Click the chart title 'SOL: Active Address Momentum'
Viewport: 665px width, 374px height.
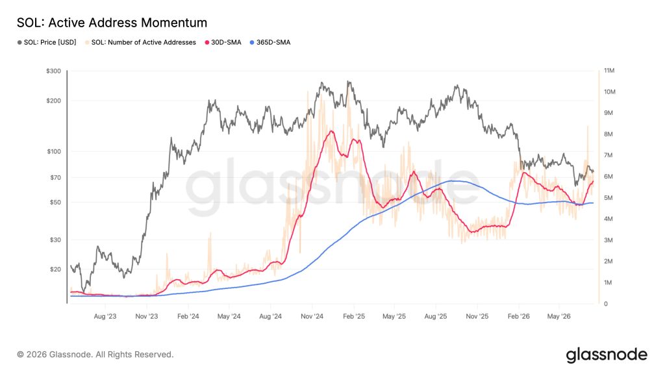[x=112, y=23]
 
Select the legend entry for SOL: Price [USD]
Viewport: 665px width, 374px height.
[x=47, y=42]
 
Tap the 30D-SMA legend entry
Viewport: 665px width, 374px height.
[x=223, y=42]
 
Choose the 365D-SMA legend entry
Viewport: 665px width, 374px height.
[x=270, y=42]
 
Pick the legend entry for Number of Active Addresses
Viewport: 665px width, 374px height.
[x=140, y=42]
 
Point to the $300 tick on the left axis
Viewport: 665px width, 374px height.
[x=53, y=71]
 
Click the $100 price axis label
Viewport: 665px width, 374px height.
[x=54, y=151]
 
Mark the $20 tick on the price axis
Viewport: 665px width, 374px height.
[x=56, y=269]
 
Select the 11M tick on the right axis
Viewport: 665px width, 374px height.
[x=609, y=70]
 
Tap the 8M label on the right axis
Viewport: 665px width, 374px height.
[x=608, y=134]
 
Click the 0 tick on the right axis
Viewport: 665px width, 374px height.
[x=606, y=304]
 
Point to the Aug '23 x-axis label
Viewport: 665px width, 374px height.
[x=105, y=316]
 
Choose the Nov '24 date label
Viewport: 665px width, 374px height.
[x=312, y=316]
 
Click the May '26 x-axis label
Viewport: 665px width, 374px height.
[x=559, y=316]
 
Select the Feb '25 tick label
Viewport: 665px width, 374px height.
[x=354, y=316]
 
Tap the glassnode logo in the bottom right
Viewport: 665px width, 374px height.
[x=607, y=355]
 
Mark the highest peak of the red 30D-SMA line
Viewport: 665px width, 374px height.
[x=331, y=131]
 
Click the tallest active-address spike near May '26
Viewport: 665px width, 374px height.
[x=588, y=126]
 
